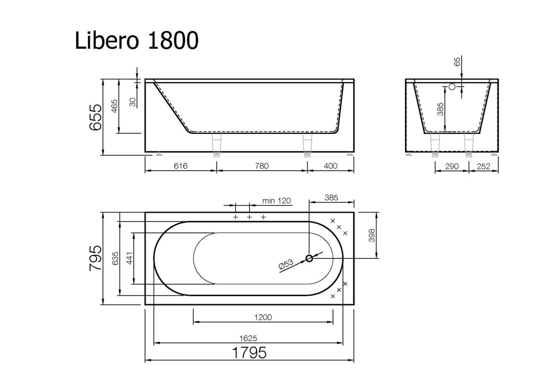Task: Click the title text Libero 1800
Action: pyautogui.click(x=137, y=41)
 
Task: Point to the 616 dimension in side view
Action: pyautogui.click(x=181, y=166)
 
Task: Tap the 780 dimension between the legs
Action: pyautogui.click(x=261, y=166)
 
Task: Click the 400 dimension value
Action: pyautogui.click(x=330, y=166)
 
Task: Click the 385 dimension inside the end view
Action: pyautogui.click(x=441, y=109)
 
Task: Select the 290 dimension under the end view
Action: pyautogui.click(x=452, y=166)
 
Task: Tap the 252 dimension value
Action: pyautogui.click(x=483, y=166)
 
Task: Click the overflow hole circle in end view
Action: pyautogui.click(x=452, y=86)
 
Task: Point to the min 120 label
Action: pyautogui.click(x=276, y=200)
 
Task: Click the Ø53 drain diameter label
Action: pyautogui.click(x=286, y=265)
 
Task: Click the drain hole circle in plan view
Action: pyautogui.click(x=310, y=258)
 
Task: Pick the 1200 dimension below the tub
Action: pyautogui.click(x=263, y=317)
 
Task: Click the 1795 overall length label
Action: pyautogui.click(x=249, y=353)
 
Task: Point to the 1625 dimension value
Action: pyautogui.click(x=248, y=338)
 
